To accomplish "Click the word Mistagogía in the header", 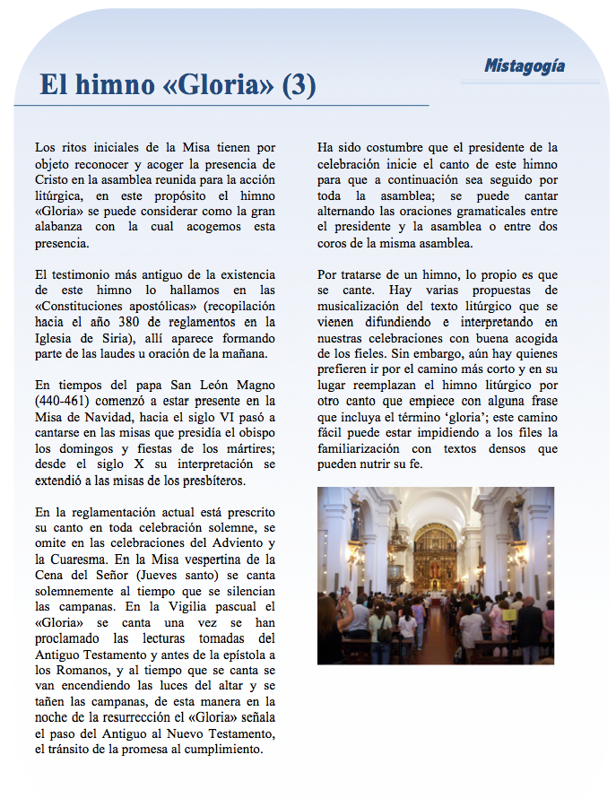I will [525, 65].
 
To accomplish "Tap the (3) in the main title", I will [299, 85].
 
